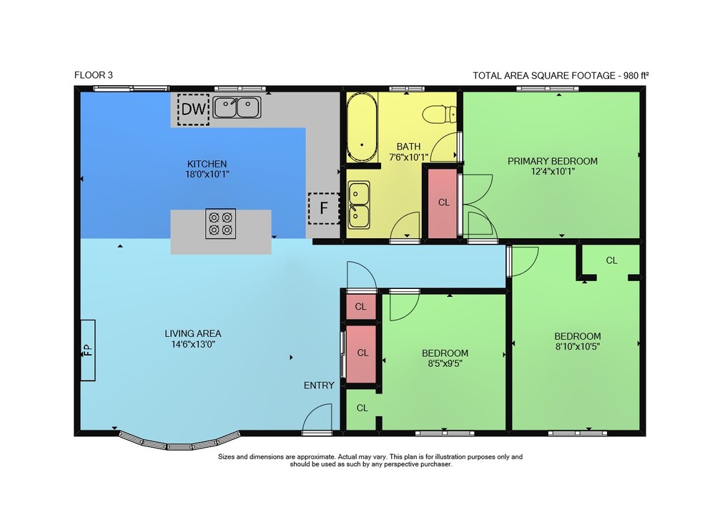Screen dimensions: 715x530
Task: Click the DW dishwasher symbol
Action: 193,109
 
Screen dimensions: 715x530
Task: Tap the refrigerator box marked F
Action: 324,208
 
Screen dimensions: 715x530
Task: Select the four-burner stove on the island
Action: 221,223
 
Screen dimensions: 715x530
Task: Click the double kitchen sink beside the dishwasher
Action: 237,107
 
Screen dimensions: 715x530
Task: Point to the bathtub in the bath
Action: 362,127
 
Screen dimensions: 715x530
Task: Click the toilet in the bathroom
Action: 439,114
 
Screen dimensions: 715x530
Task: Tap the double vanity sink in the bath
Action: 359,205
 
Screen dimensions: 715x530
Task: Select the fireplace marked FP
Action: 88,350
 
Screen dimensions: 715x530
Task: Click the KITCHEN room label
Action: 207,164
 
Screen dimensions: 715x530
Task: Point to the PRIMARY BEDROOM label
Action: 553,161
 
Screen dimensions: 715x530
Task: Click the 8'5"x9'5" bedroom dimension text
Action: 445,363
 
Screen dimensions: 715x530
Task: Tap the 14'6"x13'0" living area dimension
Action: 193,344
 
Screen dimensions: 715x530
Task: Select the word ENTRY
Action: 319,386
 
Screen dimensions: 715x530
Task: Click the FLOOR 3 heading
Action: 94,75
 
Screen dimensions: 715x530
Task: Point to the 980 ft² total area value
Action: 636,76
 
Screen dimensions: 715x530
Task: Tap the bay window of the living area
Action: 179,443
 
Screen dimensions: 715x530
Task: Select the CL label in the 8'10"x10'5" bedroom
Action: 611,260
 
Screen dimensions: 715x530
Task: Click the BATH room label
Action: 408,147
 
